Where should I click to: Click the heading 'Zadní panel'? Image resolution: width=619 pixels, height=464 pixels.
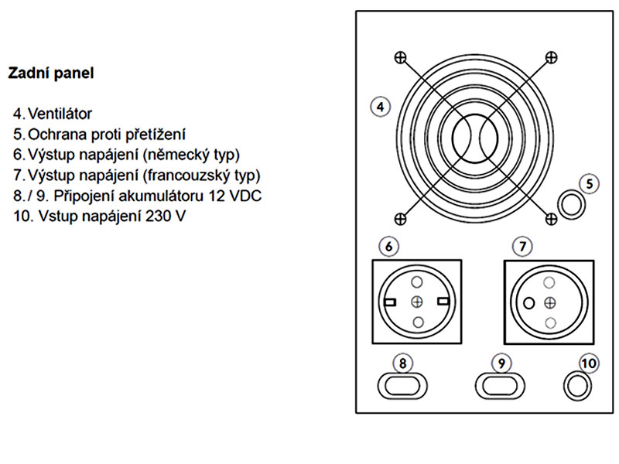pyautogui.click(x=51, y=73)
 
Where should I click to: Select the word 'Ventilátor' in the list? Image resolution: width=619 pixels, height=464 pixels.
pyautogui.click(x=60, y=114)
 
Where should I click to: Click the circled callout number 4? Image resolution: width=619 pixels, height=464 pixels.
pyautogui.click(x=381, y=107)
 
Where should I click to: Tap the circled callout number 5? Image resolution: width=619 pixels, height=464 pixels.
pyautogui.click(x=590, y=184)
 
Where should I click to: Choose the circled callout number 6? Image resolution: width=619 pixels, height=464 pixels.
pyautogui.click(x=389, y=247)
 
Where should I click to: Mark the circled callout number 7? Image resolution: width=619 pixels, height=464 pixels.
pyautogui.click(x=523, y=247)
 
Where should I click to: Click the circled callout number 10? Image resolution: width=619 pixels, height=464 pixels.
pyautogui.click(x=589, y=363)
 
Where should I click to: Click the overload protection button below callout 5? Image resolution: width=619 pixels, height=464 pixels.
pyautogui.click(x=571, y=205)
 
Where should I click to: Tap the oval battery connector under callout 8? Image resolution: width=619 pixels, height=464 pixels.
pyautogui.click(x=402, y=385)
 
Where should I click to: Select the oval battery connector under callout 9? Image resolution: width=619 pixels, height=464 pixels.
pyautogui.click(x=500, y=385)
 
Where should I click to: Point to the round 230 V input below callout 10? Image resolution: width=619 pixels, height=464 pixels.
pyautogui.click(x=577, y=386)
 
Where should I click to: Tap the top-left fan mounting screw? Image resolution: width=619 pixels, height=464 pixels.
pyautogui.click(x=400, y=57)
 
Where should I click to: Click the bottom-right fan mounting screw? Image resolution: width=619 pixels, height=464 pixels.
pyautogui.click(x=551, y=219)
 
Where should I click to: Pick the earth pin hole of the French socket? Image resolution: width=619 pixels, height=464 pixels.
pyautogui.click(x=529, y=303)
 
